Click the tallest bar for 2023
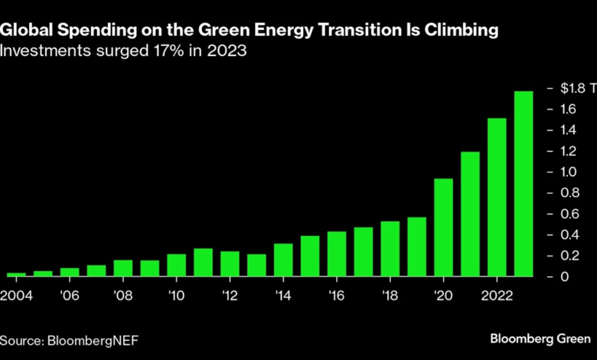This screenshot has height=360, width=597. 524,184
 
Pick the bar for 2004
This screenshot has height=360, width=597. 16,273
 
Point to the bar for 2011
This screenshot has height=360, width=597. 203,262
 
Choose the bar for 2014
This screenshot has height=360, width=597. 283,260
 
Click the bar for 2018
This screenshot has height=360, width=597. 390,248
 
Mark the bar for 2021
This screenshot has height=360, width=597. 470,214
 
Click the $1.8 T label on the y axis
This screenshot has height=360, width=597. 569,88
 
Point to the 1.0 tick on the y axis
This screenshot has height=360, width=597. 564,172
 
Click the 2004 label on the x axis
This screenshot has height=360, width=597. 16,296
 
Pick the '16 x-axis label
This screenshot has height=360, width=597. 337,296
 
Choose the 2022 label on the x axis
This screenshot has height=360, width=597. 497,296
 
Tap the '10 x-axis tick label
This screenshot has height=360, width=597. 176,296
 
